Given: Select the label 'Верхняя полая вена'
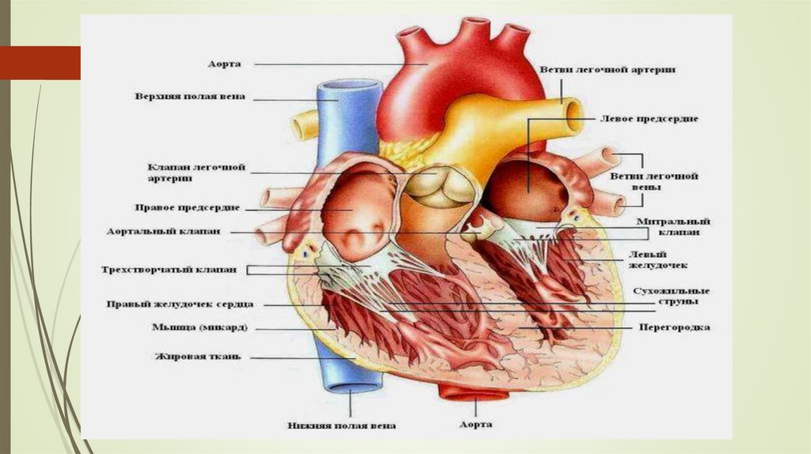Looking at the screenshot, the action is (189, 97).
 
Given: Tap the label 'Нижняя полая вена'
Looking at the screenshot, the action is (341, 426).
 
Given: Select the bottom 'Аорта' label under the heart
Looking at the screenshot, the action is (476, 425).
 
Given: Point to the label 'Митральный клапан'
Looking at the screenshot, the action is (679, 228).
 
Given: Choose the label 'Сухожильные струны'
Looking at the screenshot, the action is (672, 297).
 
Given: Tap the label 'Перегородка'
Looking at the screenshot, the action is (674, 327).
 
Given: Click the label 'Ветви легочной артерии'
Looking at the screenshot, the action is (607, 70).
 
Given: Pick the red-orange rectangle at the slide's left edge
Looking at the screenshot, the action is (40, 63).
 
